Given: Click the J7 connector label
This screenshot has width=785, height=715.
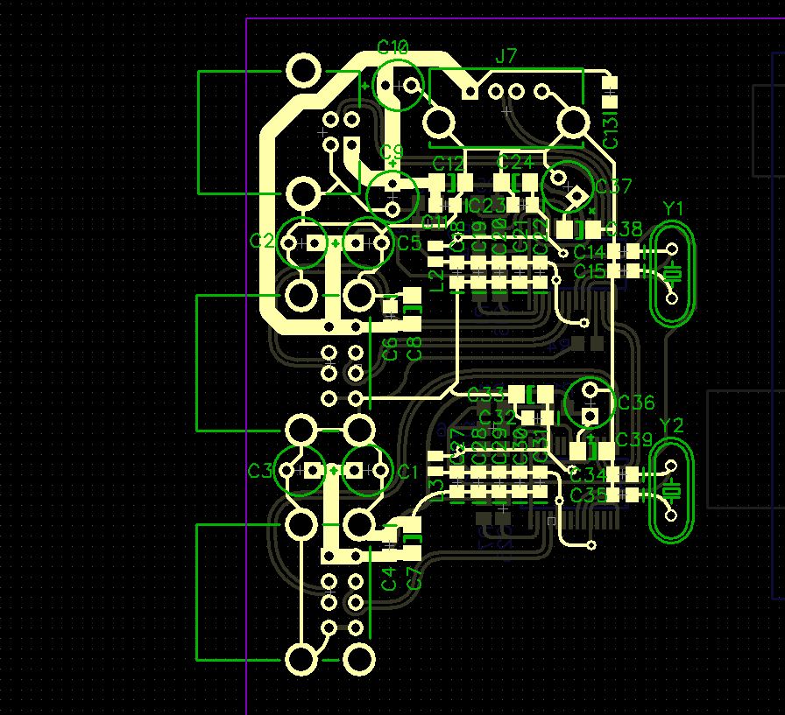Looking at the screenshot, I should [x=506, y=57].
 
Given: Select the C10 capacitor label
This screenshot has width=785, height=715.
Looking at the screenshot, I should [x=393, y=47].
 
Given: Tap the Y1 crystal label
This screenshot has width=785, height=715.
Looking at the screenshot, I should [x=673, y=208].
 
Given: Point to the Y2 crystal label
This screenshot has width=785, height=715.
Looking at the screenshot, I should [x=671, y=425].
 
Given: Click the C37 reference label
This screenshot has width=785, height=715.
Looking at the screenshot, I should [x=612, y=186].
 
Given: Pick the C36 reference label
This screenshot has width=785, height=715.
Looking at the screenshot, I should [x=635, y=403].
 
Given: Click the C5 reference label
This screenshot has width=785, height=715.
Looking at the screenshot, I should [x=409, y=243].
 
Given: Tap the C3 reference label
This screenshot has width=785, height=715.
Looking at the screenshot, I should [x=260, y=471].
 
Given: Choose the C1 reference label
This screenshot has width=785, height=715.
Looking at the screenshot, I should [x=408, y=473].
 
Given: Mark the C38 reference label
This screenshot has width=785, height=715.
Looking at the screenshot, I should [x=624, y=229].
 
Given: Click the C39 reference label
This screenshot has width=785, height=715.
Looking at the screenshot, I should [x=633, y=439].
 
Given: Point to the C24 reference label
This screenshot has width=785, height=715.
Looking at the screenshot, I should [x=514, y=163].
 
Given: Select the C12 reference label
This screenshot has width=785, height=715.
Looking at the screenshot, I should [x=448, y=165].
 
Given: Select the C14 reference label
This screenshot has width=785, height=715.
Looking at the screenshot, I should [x=590, y=252].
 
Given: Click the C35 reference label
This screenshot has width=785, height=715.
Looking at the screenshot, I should [x=588, y=495].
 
